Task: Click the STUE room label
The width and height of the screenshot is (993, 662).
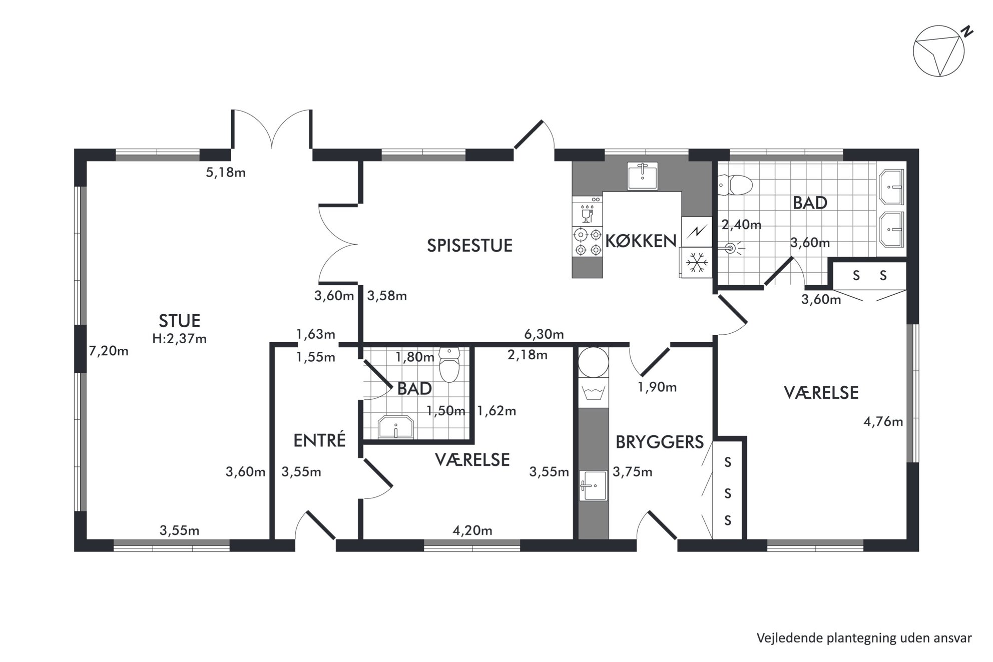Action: coord(179,320)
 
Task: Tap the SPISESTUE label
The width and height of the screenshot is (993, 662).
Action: coord(469,246)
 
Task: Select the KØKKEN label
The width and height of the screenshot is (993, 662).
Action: coord(641,241)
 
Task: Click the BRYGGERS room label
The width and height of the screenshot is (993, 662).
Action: coord(660,442)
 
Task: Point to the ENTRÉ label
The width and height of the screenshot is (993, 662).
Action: coord(319,440)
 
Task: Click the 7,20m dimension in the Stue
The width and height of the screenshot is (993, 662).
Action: coord(109,351)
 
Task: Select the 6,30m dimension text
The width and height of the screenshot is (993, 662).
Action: coord(544,334)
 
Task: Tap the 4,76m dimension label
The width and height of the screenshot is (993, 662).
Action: coord(883,422)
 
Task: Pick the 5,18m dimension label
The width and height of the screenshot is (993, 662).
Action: coord(226,173)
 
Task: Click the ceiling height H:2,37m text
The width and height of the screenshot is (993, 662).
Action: coord(179,339)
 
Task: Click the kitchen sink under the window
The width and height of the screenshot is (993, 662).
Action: coord(643,176)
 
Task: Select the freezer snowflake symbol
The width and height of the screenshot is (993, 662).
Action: coord(696,262)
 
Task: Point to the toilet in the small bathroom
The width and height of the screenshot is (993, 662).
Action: coord(449,365)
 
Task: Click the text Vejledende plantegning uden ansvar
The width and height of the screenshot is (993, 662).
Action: coord(864,638)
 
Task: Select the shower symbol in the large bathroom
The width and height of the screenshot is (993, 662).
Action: coord(731,247)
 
